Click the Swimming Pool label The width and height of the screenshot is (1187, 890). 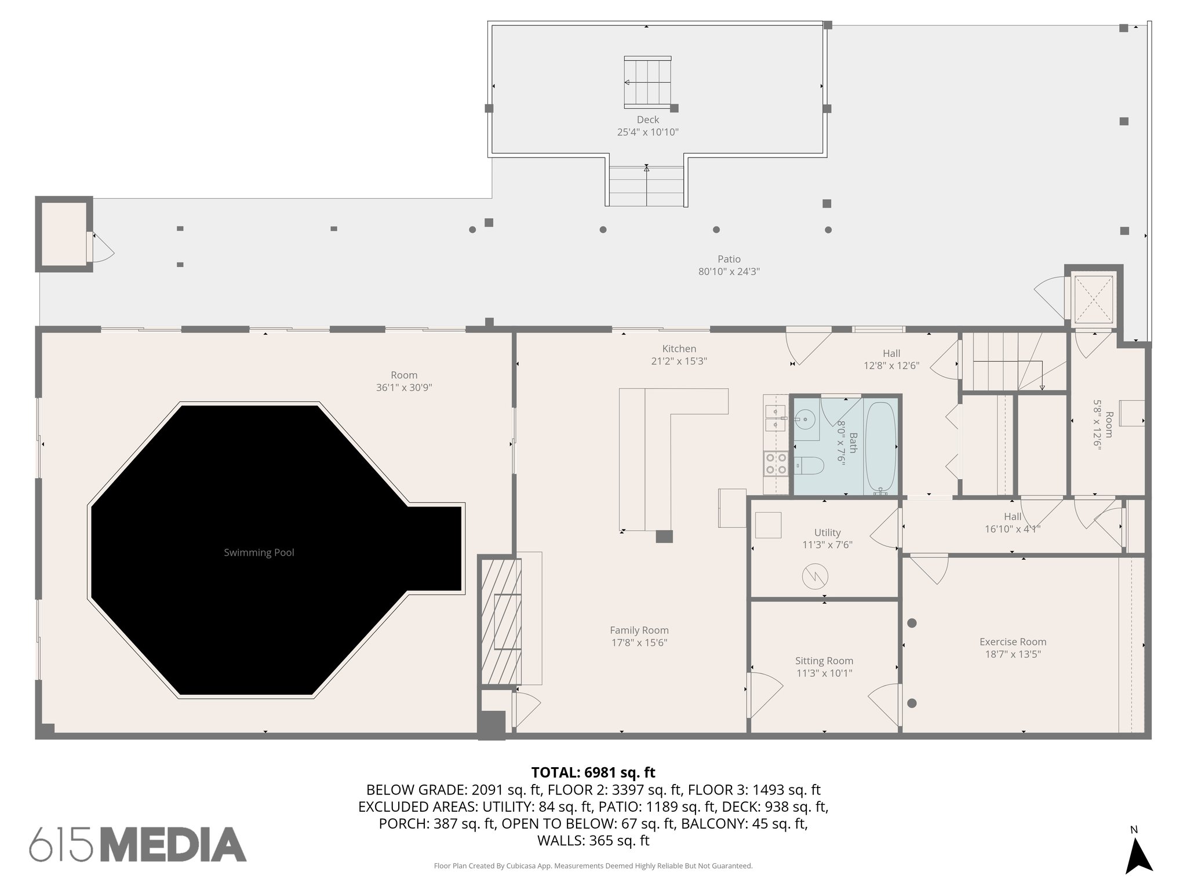[x=259, y=553]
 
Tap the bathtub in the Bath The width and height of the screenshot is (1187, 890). [x=880, y=447]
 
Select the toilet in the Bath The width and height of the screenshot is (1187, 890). [x=809, y=465]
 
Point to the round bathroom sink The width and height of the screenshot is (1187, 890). [x=804, y=417]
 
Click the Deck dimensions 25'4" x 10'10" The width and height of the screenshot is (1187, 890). [x=647, y=132]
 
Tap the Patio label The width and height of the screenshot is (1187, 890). [x=729, y=259]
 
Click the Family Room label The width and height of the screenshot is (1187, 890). [x=639, y=630]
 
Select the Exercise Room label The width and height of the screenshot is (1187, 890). [x=1013, y=642]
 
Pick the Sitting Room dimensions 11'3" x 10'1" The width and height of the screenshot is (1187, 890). [x=824, y=673]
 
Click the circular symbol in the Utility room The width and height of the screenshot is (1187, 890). [x=815, y=577]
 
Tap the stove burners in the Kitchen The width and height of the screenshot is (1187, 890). [x=776, y=464]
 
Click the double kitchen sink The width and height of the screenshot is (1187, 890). [x=775, y=418]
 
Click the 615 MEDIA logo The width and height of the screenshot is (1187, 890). [x=138, y=844]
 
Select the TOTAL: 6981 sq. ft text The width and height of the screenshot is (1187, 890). [x=593, y=772]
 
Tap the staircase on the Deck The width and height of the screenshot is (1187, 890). [x=647, y=82]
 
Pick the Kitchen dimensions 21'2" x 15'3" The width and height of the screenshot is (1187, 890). [x=679, y=361]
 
